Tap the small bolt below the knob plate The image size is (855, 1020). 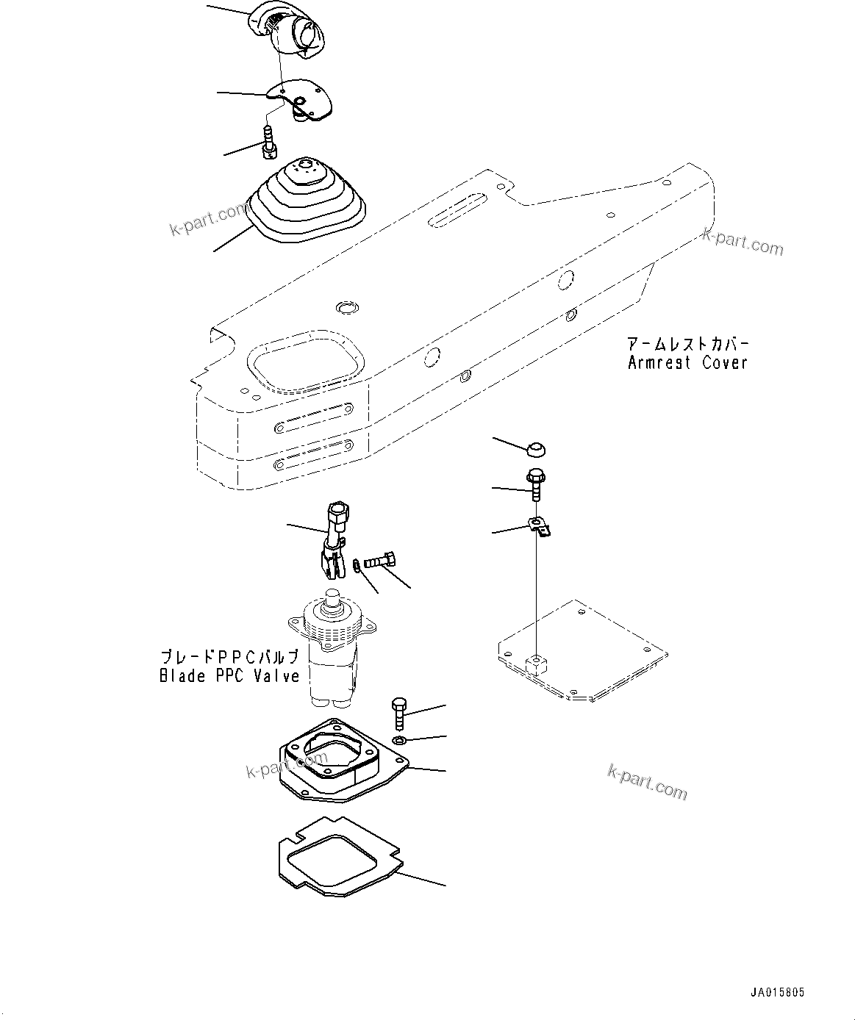click(269, 141)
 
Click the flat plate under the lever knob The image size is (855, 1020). click(301, 99)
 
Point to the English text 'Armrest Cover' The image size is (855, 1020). click(687, 362)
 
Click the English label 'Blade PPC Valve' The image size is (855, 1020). click(229, 676)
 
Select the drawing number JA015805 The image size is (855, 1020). click(777, 993)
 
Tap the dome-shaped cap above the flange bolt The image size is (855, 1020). click(537, 448)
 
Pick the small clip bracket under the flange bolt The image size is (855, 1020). click(540, 528)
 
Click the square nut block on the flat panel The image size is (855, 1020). click(538, 664)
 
